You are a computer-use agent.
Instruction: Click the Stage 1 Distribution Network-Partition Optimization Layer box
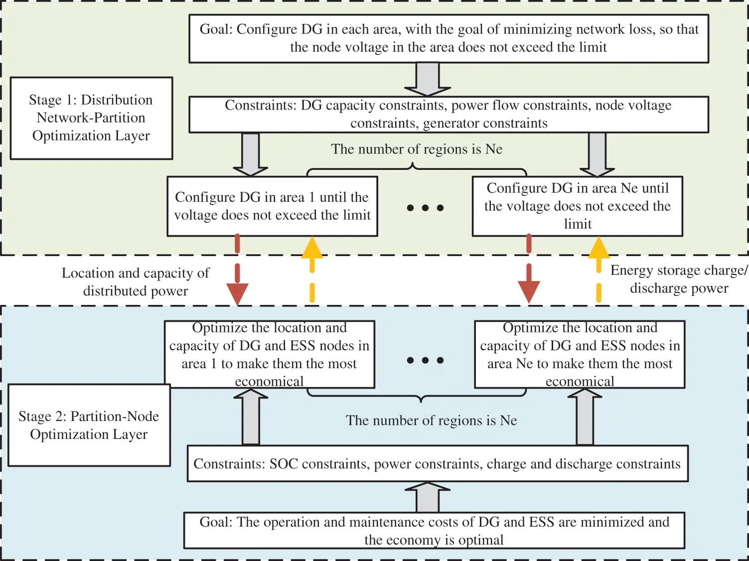[x=91, y=118]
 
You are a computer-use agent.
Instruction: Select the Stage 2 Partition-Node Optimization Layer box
[x=89, y=425]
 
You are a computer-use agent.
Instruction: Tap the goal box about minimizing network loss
[x=449, y=38]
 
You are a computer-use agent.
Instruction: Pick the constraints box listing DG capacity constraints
[x=449, y=114]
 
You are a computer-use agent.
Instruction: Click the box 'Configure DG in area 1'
[x=272, y=206]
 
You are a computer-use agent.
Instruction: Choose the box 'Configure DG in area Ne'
[x=577, y=206]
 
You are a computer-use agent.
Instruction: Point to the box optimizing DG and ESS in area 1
[x=269, y=354]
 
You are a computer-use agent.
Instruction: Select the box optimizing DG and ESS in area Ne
[x=580, y=354]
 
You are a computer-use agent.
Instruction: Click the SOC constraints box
[x=437, y=463]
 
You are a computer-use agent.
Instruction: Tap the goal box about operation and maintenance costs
[x=434, y=531]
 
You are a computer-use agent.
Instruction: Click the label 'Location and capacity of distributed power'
[x=136, y=282]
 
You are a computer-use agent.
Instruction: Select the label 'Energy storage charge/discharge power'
[x=679, y=279]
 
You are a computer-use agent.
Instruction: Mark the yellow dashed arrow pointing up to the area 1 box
[x=312, y=269]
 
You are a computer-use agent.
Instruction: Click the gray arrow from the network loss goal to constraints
[x=428, y=79]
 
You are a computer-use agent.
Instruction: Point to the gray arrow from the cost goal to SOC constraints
[x=428, y=498]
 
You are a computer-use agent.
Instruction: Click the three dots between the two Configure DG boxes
[x=425, y=208]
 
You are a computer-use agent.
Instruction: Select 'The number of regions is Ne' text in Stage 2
[x=432, y=421]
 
